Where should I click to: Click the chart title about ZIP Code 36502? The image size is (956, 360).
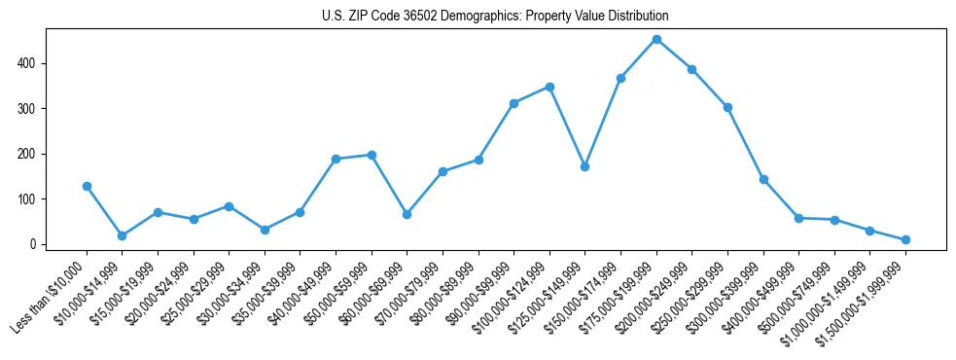pos(495,17)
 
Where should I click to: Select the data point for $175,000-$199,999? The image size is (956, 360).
pos(656,40)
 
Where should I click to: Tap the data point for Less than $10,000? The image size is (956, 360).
pos(87,186)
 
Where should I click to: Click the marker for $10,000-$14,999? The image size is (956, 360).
pos(123,235)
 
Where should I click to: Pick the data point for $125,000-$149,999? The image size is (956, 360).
pos(584,166)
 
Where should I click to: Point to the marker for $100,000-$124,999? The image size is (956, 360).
pos(549,87)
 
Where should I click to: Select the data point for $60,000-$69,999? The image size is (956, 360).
pos(407,214)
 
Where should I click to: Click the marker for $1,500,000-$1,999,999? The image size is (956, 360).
pos(905,239)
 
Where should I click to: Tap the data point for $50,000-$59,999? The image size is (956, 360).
pos(372,155)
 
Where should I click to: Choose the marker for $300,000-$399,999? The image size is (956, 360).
pos(763,179)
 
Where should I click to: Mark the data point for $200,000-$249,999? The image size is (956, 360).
pos(691,69)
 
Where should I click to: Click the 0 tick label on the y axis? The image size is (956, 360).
pos(34,244)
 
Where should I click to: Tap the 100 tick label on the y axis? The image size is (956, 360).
pos(28,199)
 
